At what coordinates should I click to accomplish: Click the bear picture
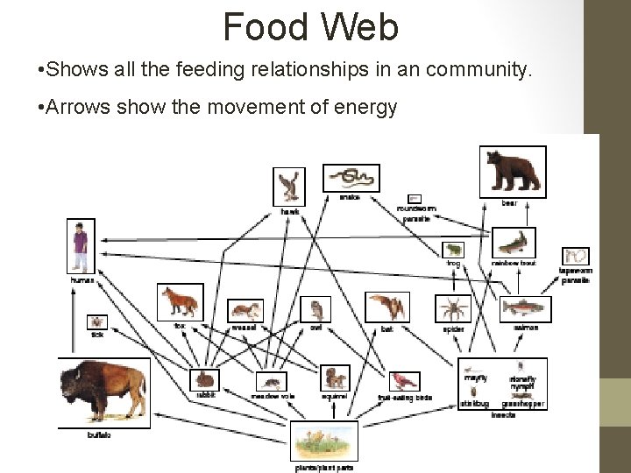click(513, 172)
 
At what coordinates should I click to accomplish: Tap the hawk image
click(288, 185)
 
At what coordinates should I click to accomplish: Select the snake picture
click(351, 178)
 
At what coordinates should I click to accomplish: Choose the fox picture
click(181, 303)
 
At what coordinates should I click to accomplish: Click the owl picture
click(315, 308)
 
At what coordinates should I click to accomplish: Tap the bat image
click(387, 307)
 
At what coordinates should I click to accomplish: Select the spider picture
click(453, 307)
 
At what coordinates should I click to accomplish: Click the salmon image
click(525, 308)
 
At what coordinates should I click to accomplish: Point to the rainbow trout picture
click(514, 242)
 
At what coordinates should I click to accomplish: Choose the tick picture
click(96, 322)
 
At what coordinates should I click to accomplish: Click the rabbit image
click(204, 378)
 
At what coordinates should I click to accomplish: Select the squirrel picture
click(334, 378)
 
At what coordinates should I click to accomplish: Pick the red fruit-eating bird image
click(405, 381)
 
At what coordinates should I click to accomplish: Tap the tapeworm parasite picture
click(576, 257)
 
